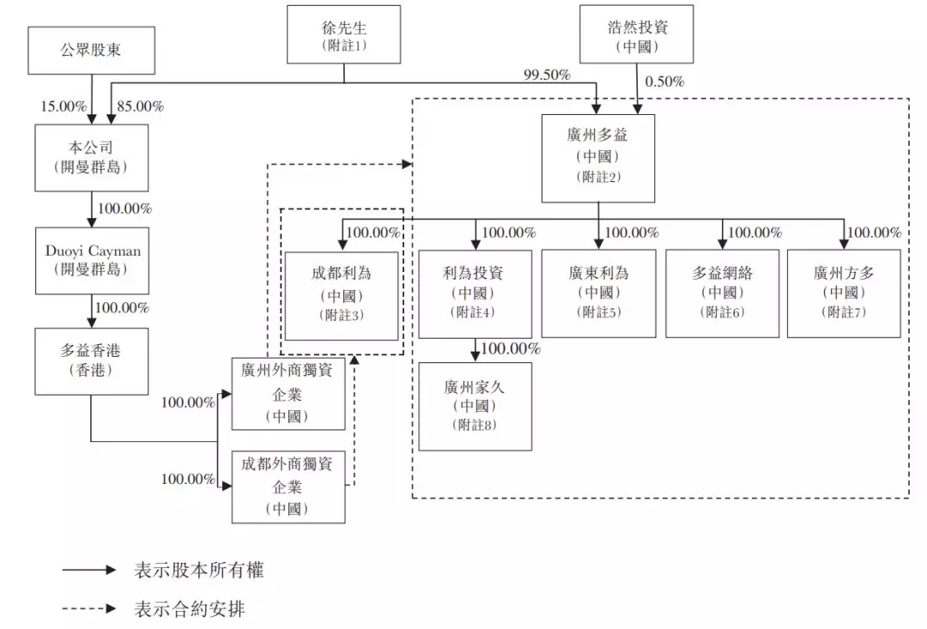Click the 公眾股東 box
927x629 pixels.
click(x=91, y=50)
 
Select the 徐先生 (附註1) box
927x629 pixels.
click(x=344, y=34)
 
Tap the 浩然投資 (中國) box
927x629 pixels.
click(x=636, y=34)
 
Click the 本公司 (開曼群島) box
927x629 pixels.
click(x=91, y=157)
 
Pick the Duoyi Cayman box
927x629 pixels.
click(x=91, y=259)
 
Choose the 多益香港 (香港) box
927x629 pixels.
click(x=91, y=360)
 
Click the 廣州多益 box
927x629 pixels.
click(x=598, y=158)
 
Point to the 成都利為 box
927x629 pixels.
click(x=342, y=293)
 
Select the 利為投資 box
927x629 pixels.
click(x=475, y=293)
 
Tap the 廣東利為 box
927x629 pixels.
click(x=598, y=293)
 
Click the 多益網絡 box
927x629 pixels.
click(x=723, y=293)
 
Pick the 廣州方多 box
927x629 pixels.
click(x=844, y=293)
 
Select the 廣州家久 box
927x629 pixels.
click(x=475, y=406)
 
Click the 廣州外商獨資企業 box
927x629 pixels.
click(x=288, y=394)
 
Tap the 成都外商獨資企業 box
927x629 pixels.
click(x=288, y=486)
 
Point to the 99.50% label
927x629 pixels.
click(x=547, y=76)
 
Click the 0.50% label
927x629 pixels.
click(x=663, y=82)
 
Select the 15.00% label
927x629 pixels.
click(x=64, y=107)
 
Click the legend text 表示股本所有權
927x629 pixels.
click(x=199, y=571)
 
